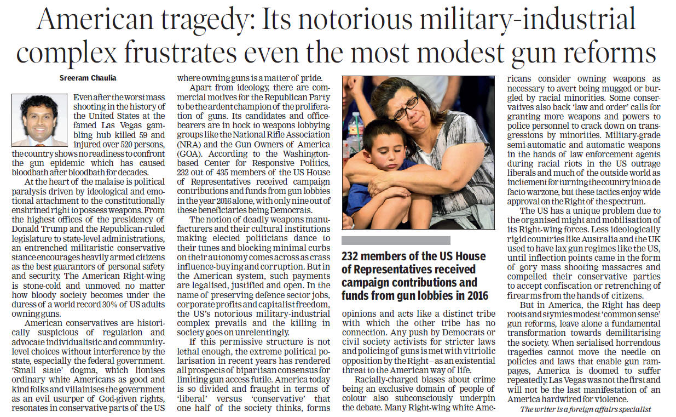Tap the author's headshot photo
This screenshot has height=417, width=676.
(x=39, y=120)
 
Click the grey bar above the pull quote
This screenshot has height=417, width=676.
(x=396, y=240)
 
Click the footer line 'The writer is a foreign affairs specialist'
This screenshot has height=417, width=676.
(x=585, y=409)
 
